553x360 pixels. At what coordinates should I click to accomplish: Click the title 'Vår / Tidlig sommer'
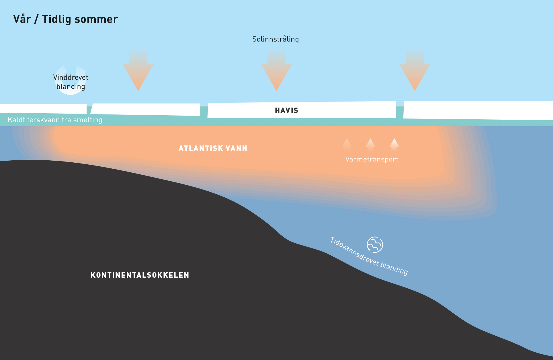pyautogui.click(x=65, y=19)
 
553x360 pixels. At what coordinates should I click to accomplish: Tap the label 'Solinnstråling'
pyautogui.click(x=275, y=39)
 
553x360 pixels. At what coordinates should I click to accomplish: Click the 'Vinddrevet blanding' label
pyautogui.click(x=71, y=82)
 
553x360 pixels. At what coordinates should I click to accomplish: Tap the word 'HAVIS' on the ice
pyautogui.click(x=286, y=110)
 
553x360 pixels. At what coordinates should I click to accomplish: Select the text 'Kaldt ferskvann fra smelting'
pyautogui.click(x=55, y=120)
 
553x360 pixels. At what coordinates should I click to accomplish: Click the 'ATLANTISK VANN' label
pyautogui.click(x=213, y=148)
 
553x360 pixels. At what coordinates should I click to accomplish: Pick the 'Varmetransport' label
pyautogui.click(x=372, y=159)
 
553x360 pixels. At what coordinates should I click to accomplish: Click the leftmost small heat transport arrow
pyautogui.click(x=347, y=144)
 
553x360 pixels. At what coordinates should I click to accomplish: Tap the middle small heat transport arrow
pyautogui.click(x=370, y=144)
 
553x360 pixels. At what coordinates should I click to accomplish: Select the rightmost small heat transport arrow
pyautogui.click(x=394, y=144)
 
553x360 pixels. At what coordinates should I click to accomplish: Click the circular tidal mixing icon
pyautogui.click(x=375, y=245)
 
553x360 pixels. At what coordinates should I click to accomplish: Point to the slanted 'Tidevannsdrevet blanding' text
pyautogui.click(x=369, y=256)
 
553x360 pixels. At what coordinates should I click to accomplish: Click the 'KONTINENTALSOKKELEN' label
pyautogui.click(x=140, y=275)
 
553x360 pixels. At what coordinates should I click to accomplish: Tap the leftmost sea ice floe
pyautogui.click(x=43, y=108)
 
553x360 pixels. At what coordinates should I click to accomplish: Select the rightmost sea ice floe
pyautogui.click(x=477, y=110)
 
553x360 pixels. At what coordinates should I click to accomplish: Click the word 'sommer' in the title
pyautogui.click(x=96, y=19)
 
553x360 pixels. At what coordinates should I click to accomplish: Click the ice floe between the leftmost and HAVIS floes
pyautogui.click(x=146, y=109)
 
